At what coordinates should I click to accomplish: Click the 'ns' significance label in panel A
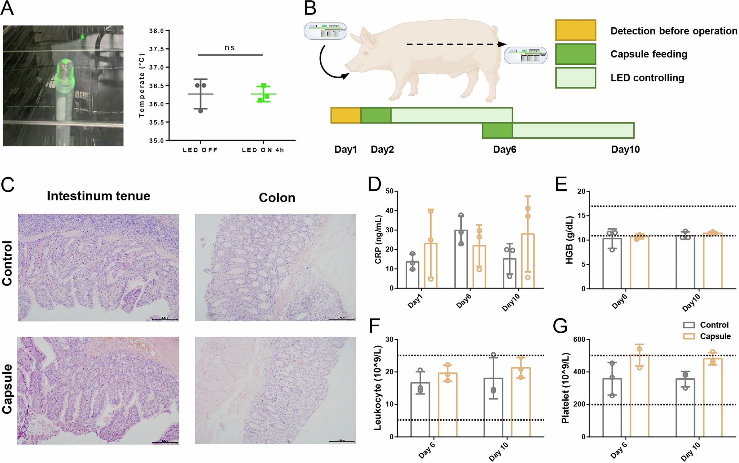point(229,48)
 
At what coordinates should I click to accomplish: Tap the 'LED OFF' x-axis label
point(200,150)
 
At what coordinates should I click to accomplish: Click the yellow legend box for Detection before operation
point(575,30)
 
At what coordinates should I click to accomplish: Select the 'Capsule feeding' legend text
point(648,54)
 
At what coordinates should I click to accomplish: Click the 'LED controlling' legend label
point(647,78)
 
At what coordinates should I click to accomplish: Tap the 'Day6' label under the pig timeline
point(504,149)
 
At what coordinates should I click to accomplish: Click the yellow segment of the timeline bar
point(346,115)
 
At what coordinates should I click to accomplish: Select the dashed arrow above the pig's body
point(455,44)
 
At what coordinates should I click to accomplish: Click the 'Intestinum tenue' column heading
point(99,196)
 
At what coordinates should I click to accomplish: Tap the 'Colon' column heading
point(277,198)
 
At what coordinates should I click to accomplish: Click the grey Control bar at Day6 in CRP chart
point(461,262)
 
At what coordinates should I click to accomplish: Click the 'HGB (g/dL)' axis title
point(569,240)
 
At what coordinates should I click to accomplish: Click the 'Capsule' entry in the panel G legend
point(715,336)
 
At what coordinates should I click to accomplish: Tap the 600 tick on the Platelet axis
point(579,339)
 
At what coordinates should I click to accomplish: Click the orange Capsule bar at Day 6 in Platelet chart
point(639,396)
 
